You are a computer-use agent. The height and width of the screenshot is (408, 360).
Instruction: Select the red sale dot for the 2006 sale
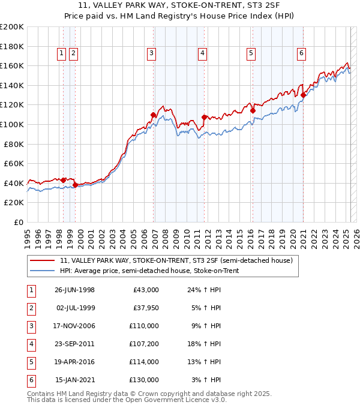[x=154, y=115]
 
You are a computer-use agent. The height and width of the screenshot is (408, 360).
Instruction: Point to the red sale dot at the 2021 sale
[x=304, y=95]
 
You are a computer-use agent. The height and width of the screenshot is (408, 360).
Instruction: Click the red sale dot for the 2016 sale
[x=253, y=110]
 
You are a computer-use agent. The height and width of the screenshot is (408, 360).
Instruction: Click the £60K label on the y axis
[x=14, y=163]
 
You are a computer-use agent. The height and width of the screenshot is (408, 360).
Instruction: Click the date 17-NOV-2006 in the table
[x=74, y=326]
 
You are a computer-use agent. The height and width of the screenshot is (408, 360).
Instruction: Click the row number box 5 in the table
[x=30, y=362]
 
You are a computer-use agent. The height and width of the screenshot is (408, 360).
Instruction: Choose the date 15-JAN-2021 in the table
[x=74, y=380]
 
